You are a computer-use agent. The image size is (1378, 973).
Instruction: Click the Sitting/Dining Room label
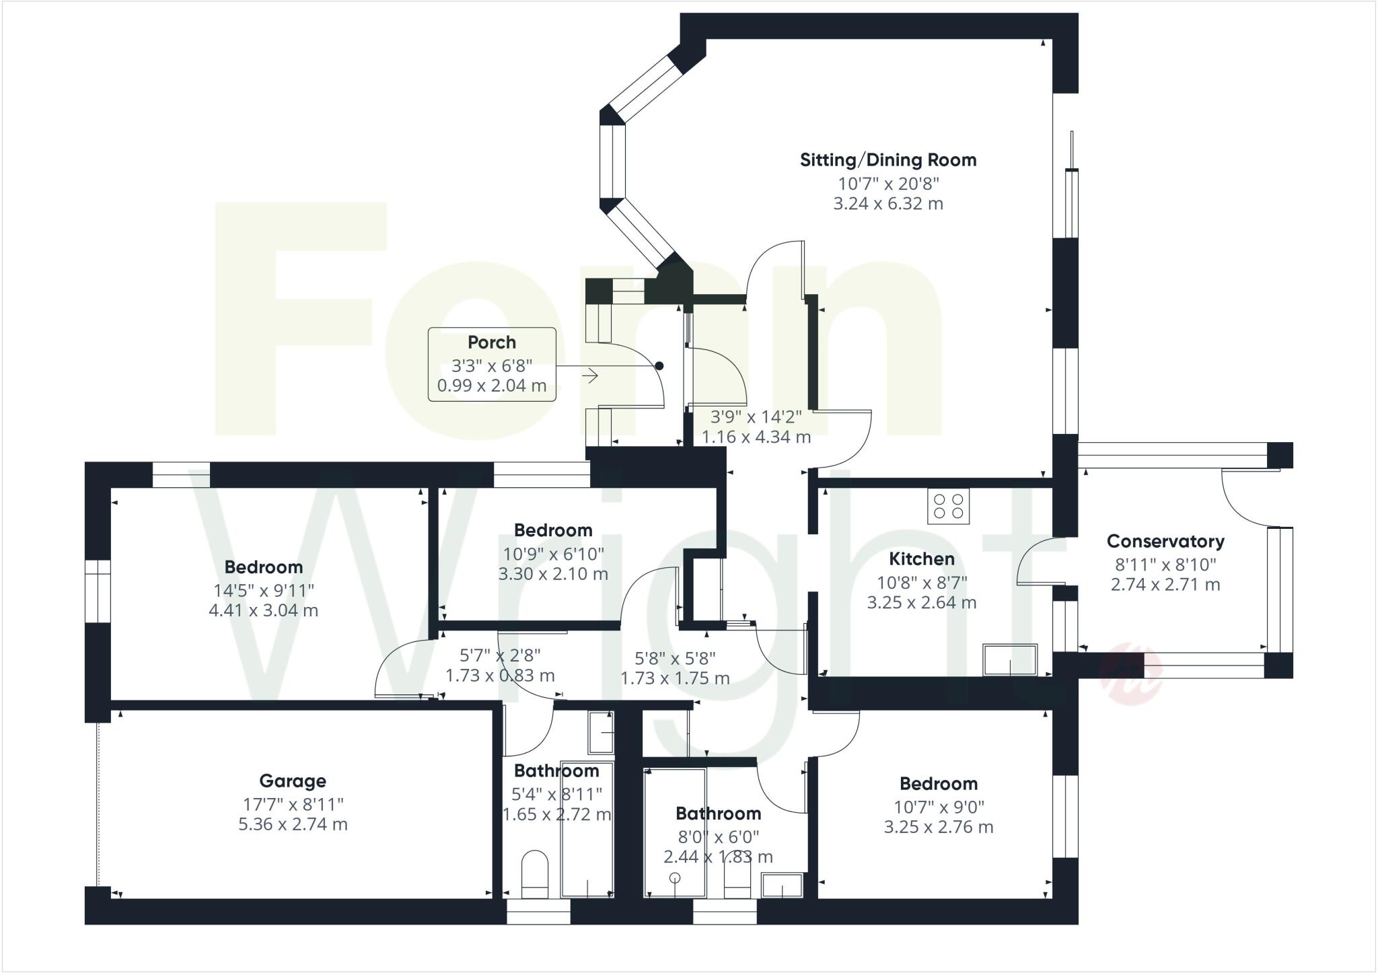887,160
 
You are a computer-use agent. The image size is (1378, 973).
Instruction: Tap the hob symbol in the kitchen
948,506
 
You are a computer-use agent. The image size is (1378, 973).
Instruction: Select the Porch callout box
492,364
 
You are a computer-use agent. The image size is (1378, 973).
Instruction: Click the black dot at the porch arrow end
659,366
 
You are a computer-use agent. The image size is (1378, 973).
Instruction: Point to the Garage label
293,781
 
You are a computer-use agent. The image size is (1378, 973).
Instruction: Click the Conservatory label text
1165,541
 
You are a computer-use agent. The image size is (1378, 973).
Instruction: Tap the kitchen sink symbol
1010,659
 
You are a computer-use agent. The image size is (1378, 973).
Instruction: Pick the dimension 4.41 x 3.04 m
263,610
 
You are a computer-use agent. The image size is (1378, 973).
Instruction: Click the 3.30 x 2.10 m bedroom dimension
553,574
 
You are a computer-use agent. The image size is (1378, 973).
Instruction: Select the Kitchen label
921,558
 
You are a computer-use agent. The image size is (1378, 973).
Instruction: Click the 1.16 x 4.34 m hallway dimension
756,437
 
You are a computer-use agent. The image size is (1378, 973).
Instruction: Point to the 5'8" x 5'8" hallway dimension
675,658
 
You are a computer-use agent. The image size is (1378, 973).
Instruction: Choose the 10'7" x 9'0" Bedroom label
938,784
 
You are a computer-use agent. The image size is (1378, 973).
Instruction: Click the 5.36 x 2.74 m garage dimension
293,824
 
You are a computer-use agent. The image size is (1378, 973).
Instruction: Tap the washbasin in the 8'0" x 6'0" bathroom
782,885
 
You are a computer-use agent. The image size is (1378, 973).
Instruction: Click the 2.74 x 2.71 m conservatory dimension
1165,585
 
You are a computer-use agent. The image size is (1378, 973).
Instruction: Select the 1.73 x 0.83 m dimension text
500,675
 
